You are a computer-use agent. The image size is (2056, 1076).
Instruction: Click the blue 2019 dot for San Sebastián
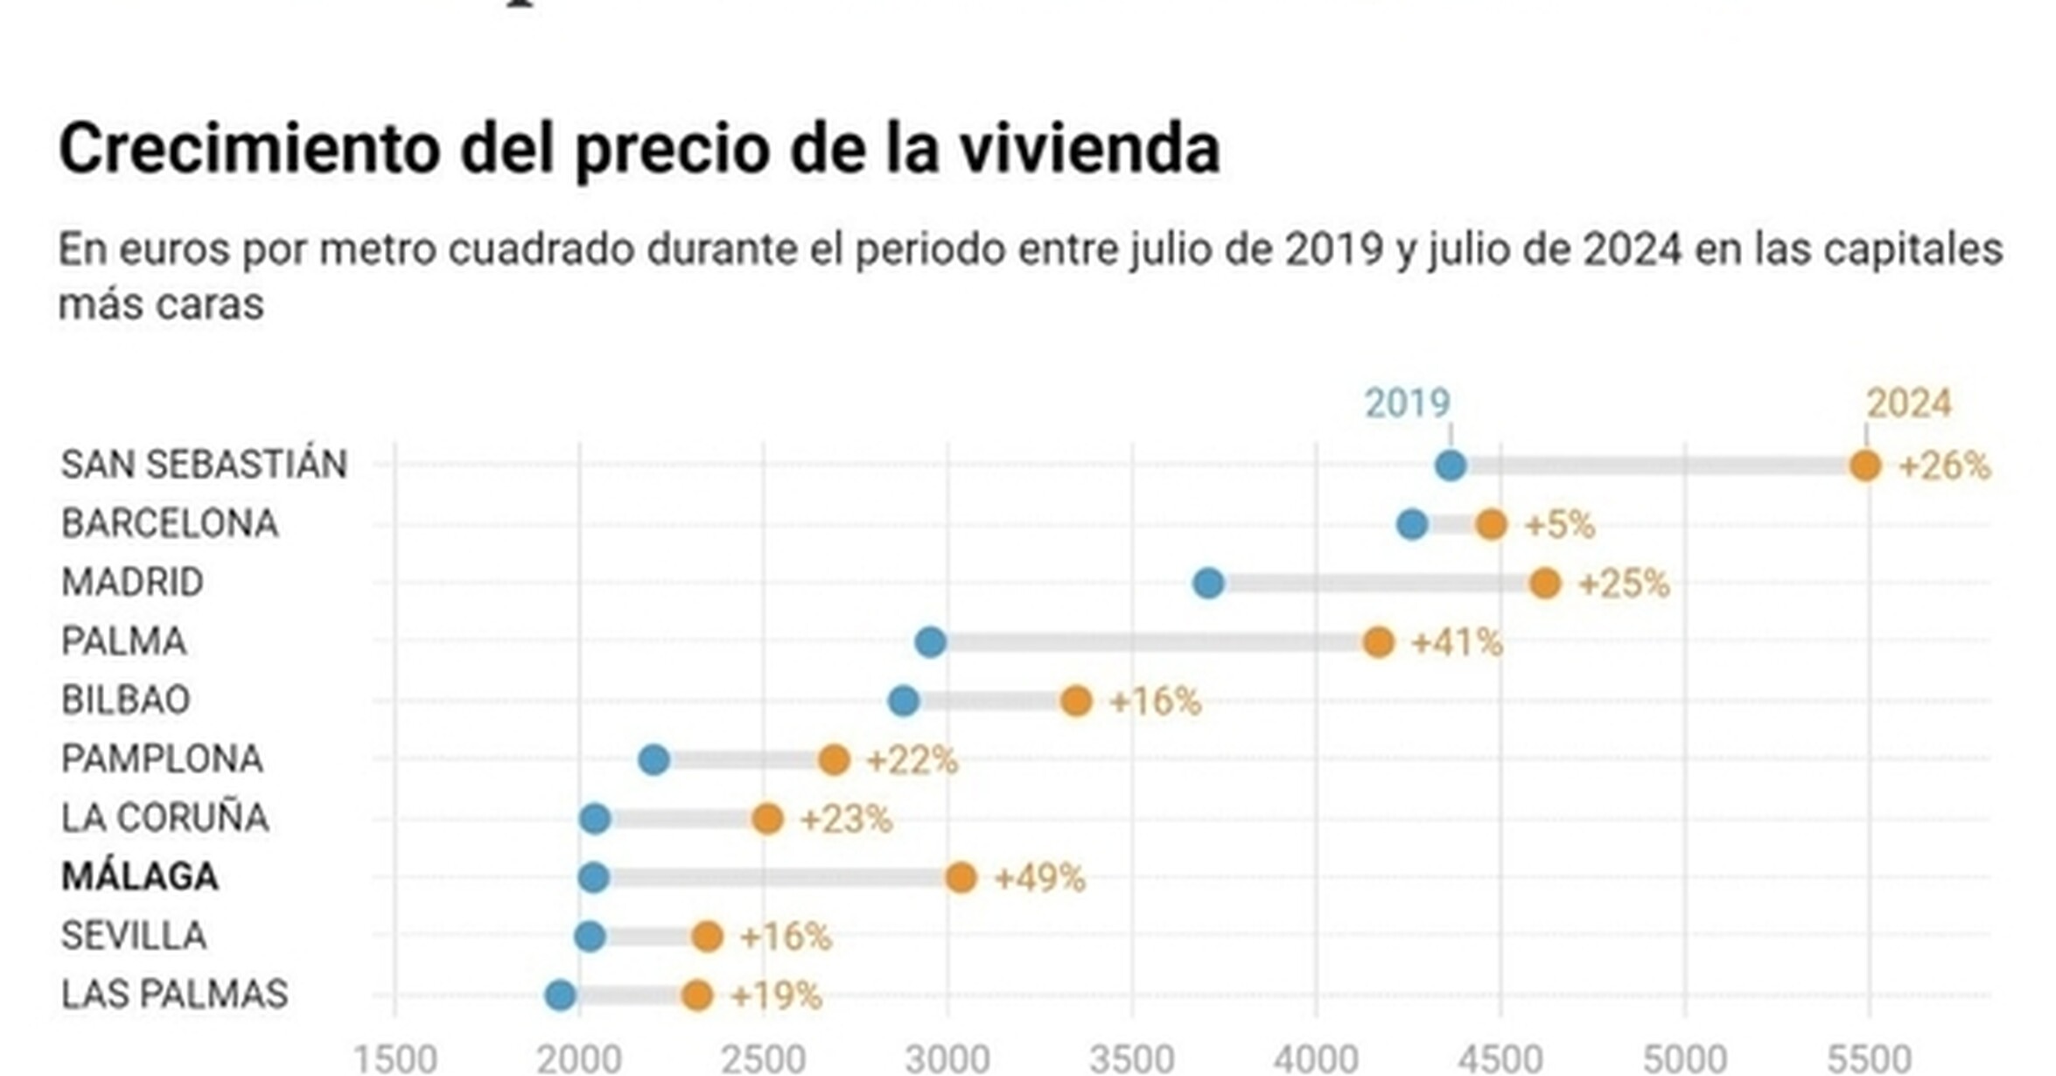pos(1450,465)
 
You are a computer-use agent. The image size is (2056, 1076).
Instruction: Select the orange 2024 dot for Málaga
pos(961,877)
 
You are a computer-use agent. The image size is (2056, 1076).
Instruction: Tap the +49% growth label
pos(1040,877)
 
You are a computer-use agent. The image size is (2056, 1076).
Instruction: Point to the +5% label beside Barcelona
pos(1559,525)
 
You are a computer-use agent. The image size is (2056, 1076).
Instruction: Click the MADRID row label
pos(132,583)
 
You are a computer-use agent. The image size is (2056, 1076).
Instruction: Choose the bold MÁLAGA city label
pos(139,877)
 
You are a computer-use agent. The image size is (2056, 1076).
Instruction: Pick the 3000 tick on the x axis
pos(948,1059)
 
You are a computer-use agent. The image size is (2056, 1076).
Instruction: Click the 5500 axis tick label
pos(1869,1059)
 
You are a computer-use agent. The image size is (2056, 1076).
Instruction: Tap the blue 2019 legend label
pos(1407,403)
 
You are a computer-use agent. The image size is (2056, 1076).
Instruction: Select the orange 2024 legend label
pos(1908,403)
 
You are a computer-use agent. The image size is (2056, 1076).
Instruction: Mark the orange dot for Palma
pos(1378,642)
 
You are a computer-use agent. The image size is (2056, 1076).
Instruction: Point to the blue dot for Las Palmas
pos(560,996)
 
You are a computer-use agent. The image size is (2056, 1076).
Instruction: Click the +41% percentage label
pos(1457,643)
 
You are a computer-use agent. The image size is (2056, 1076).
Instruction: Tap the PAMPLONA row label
pos(162,759)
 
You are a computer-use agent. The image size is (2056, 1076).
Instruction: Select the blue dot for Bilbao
pos(903,701)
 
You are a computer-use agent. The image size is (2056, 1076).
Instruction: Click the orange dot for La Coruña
pos(767,819)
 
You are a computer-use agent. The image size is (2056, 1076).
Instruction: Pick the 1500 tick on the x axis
pos(395,1059)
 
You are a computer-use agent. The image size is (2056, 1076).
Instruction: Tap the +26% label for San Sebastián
pos(1944,466)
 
